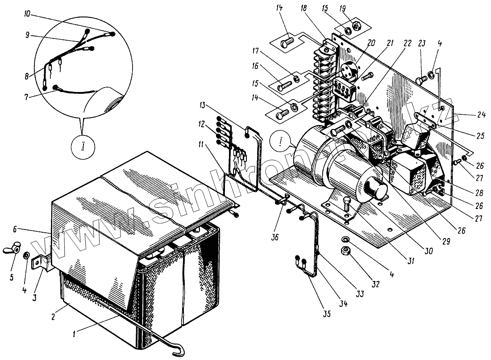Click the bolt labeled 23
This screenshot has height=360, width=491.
[x=420, y=80]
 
